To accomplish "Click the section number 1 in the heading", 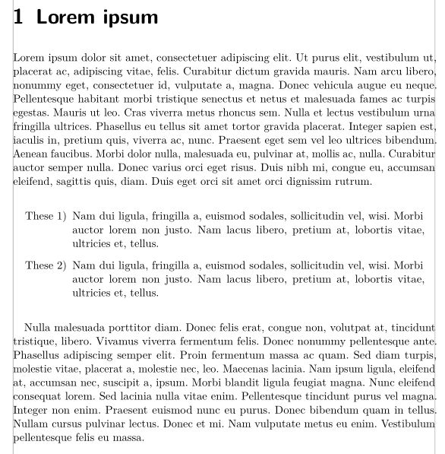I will pos(19,17).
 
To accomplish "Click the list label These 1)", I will pos(46,217).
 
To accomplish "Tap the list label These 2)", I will pos(46,265).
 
